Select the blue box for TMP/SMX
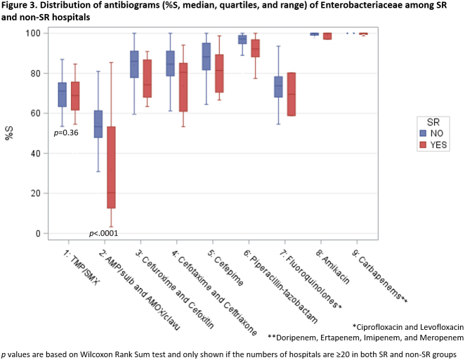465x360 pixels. pos(63,94)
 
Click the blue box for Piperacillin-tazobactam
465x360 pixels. pos(242,39)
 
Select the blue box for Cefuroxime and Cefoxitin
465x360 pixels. pos(134,64)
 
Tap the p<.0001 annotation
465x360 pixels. pos(104,233)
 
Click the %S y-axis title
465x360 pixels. pos(9,133)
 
